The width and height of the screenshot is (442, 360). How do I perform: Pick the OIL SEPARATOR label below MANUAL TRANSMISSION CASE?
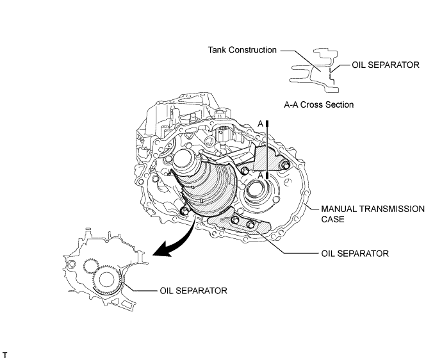[x=354, y=254]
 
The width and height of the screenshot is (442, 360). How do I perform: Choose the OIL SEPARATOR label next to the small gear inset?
[x=193, y=290]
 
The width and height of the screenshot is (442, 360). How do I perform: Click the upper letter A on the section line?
[x=260, y=123]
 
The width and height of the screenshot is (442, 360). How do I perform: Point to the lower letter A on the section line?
[x=260, y=181]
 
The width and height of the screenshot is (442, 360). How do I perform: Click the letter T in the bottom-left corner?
[x=5, y=354]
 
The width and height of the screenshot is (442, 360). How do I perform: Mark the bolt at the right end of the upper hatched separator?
[x=286, y=167]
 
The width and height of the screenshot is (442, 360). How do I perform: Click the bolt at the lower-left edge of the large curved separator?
[x=184, y=211]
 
